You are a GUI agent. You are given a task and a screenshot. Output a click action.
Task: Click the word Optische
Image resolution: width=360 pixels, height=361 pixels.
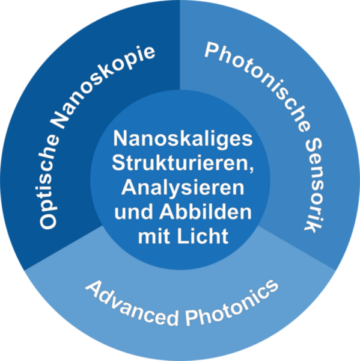[x=49, y=182]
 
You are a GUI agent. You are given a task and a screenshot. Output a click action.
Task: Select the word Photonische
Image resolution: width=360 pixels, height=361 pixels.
[x=258, y=85]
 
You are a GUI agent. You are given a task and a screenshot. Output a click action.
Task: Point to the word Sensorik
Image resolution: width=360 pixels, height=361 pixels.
[x=314, y=185]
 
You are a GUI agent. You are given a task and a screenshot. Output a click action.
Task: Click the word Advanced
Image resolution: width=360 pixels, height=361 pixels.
[x=132, y=304]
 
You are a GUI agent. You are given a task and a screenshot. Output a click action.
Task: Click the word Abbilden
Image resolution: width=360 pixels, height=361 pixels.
[x=206, y=212]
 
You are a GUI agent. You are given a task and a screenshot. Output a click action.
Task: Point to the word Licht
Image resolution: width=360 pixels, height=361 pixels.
[x=203, y=236]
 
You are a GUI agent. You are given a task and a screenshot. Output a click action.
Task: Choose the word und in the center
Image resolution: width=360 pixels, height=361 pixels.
[x=133, y=212]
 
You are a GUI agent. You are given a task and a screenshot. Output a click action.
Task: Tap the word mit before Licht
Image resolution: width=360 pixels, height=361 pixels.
[x=154, y=236]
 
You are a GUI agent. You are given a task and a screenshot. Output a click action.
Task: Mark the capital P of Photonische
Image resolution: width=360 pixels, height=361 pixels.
[x=212, y=50]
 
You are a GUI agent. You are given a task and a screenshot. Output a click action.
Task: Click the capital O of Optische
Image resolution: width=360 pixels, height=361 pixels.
[x=48, y=221]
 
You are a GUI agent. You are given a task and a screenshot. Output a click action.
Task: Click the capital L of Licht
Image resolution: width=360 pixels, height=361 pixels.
[x=183, y=235]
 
